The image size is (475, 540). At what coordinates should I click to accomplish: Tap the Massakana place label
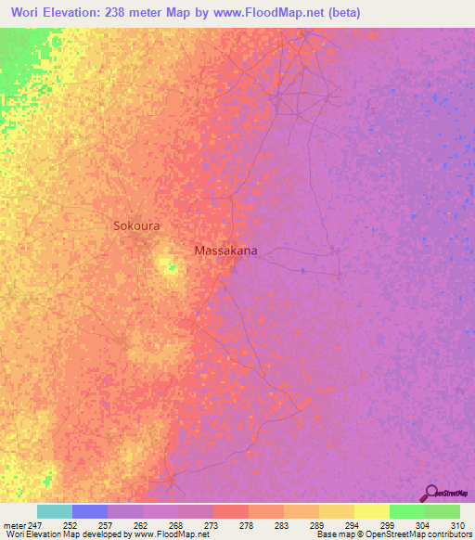pyautogui.click(x=225, y=251)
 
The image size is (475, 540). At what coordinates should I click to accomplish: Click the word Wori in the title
pyautogui.click(x=29, y=13)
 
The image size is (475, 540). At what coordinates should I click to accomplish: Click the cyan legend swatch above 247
pyautogui.click(x=55, y=511)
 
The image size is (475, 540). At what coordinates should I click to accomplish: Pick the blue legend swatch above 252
pyautogui.click(x=90, y=511)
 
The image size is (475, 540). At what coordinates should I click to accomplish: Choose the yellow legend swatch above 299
pyautogui.click(x=371, y=511)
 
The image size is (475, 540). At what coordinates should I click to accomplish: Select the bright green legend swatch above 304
pyautogui.click(x=406, y=511)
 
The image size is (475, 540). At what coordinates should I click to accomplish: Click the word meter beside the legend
pyautogui.click(x=15, y=524)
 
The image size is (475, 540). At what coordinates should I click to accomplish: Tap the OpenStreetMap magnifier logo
pyautogui.click(x=430, y=493)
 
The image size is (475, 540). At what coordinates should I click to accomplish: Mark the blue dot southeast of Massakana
pyautogui.click(x=302, y=270)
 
